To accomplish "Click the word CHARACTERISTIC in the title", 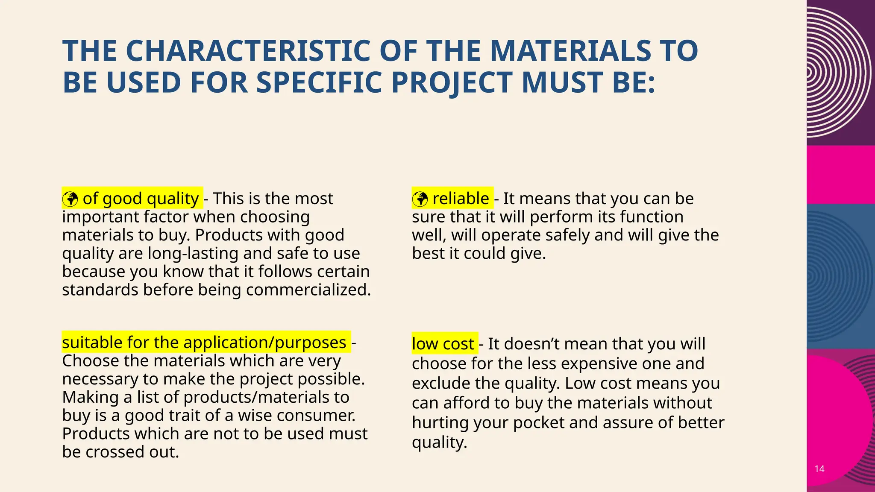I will [248, 51].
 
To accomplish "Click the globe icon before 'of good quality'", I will [70, 199].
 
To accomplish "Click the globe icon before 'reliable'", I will [420, 199].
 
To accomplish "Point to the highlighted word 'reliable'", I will [461, 199].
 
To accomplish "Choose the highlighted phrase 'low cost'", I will [443, 344].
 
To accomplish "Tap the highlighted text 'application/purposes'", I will [265, 343].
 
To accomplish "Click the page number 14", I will [819, 469].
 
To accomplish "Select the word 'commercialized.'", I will [308, 290].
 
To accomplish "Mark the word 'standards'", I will [100, 290].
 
